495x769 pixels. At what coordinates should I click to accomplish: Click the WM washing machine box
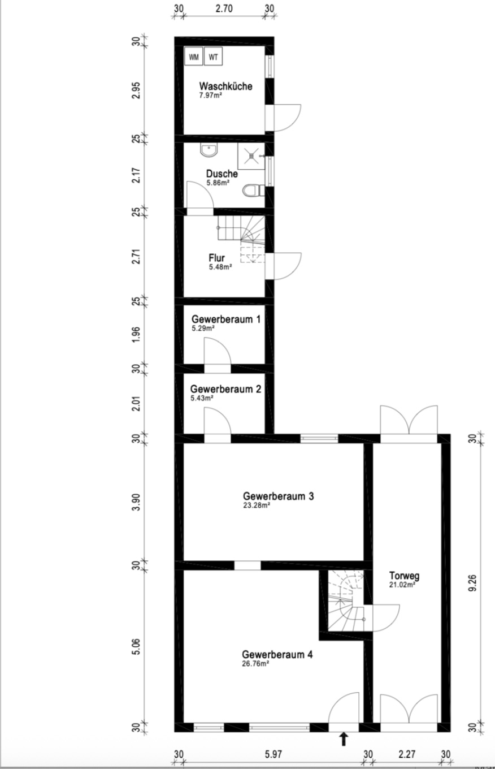(x=194, y=57)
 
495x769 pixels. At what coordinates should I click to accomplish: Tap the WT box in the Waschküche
(x=213, y=57)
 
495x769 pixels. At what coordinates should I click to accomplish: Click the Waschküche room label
(x=225, y=86)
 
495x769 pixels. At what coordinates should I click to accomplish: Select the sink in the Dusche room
(x=209, y=150)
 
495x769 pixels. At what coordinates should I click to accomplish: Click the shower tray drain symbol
(x=251, y=156)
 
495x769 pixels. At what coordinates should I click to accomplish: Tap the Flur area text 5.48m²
(x=220, y=267)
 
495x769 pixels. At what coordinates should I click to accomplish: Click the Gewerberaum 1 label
(x=225, y=319)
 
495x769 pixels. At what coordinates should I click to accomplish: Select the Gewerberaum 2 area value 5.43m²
(x=202, y=398)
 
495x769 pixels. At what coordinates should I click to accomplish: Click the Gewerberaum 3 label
(x=278, y=496)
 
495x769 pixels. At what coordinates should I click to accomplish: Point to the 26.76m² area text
(x=255, y=664)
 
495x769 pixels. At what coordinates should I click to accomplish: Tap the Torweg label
(x=404, y=576)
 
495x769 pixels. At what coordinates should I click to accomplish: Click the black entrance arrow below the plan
(x=344, y=740)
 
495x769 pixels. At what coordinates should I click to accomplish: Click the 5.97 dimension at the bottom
(x=273, y=754)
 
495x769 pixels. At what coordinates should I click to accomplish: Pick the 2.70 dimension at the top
(x=224, y=8)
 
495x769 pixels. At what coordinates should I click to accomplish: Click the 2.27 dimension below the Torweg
(x=407, y=754)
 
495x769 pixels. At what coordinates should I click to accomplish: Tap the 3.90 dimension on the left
(x=136, y=502)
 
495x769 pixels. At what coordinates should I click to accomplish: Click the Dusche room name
(x=222, y=174)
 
